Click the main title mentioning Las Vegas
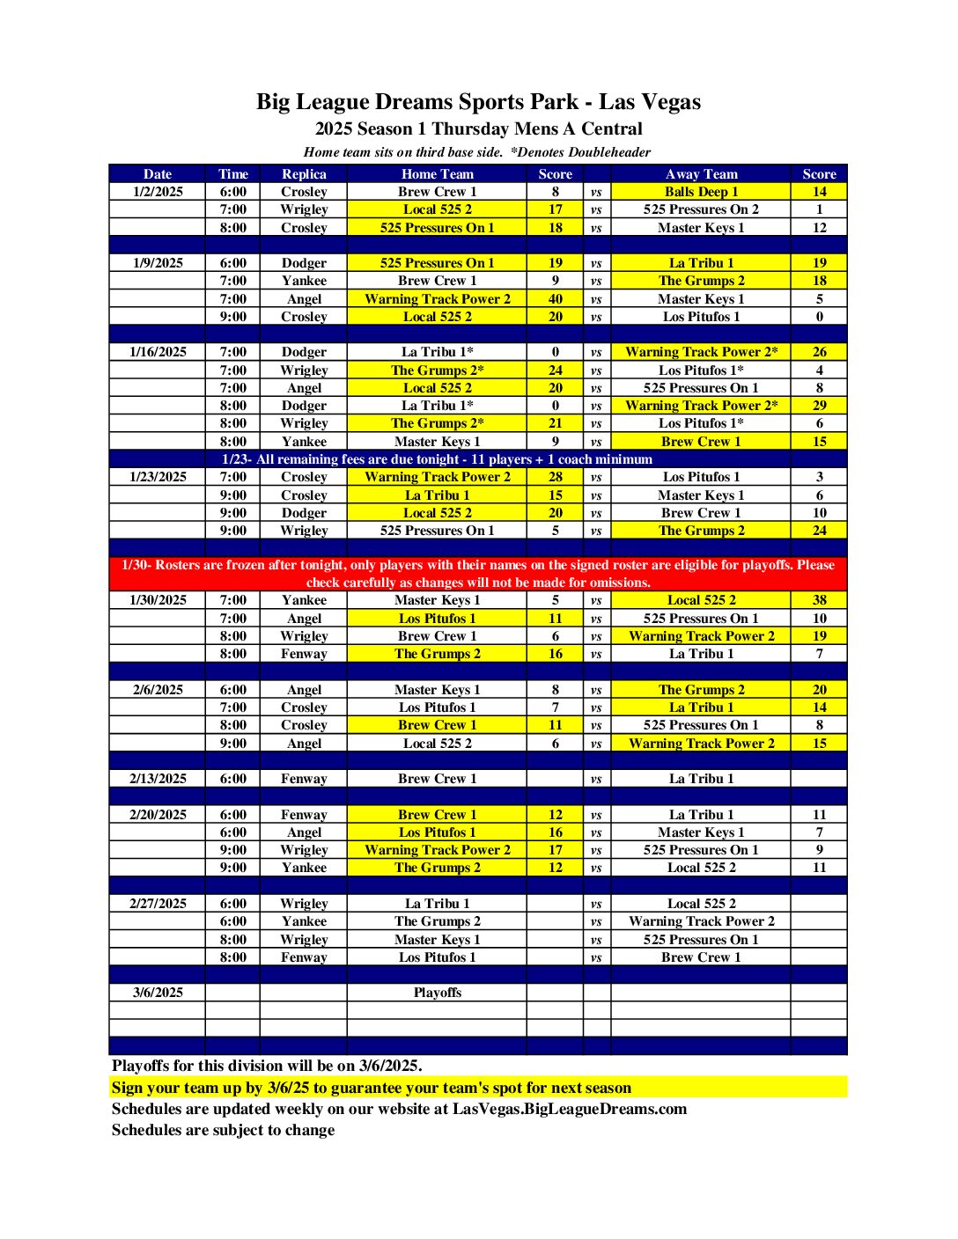click(478, 102)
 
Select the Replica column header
click(304, 174)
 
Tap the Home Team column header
click(437, 174)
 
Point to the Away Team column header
click(701, 174)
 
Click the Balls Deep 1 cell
click(701, 192)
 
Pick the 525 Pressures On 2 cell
click(701, 209)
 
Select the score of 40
click(555, 299)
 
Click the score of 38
click(819, 600)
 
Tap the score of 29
click(819, 406)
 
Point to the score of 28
click(555, 477)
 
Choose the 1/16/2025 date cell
click(158, 352)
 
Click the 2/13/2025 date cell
click(158, 779)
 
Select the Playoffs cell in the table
click(437, 993)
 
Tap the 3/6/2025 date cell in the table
click(158, 993)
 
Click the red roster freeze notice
click(478, 574)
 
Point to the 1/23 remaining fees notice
click(437, 459)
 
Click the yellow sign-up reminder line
click(371, 1088)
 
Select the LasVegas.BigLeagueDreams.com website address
click(569, 1109)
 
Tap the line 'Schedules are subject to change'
click(223, 1130)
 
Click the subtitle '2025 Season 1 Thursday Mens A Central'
click(478, 128)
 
